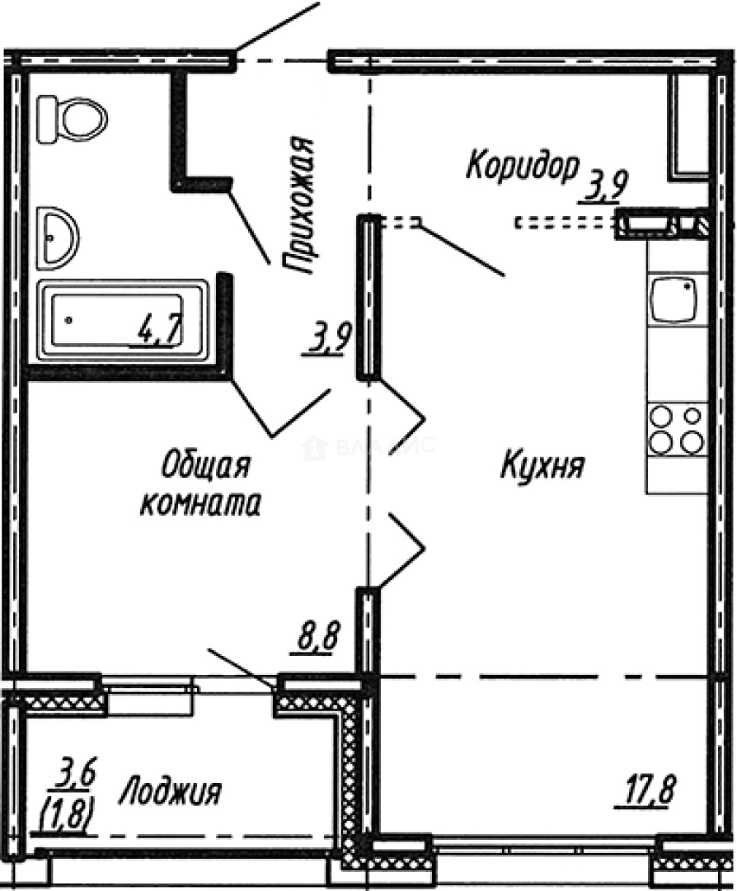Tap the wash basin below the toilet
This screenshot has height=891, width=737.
pyautogui.click(x=57, y=238)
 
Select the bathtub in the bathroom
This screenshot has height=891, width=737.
pyautogui.click(x=124, y=321)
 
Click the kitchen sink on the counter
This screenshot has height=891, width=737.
pyautogui.click(x=674, y=300)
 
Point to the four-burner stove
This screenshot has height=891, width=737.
pyautogui.click(x=677, y=429)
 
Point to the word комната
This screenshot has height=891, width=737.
pyautogui.click(x=200, y=504)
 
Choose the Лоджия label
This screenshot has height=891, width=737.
pyautogui.click(x=170, y=793)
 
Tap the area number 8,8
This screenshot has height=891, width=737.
pyautogui.click(x=314, y=639)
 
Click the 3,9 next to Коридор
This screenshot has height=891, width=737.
pyautogui.click(x=603, y=188)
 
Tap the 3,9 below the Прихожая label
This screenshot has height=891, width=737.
pyautogui.click(x=331, y=338)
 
